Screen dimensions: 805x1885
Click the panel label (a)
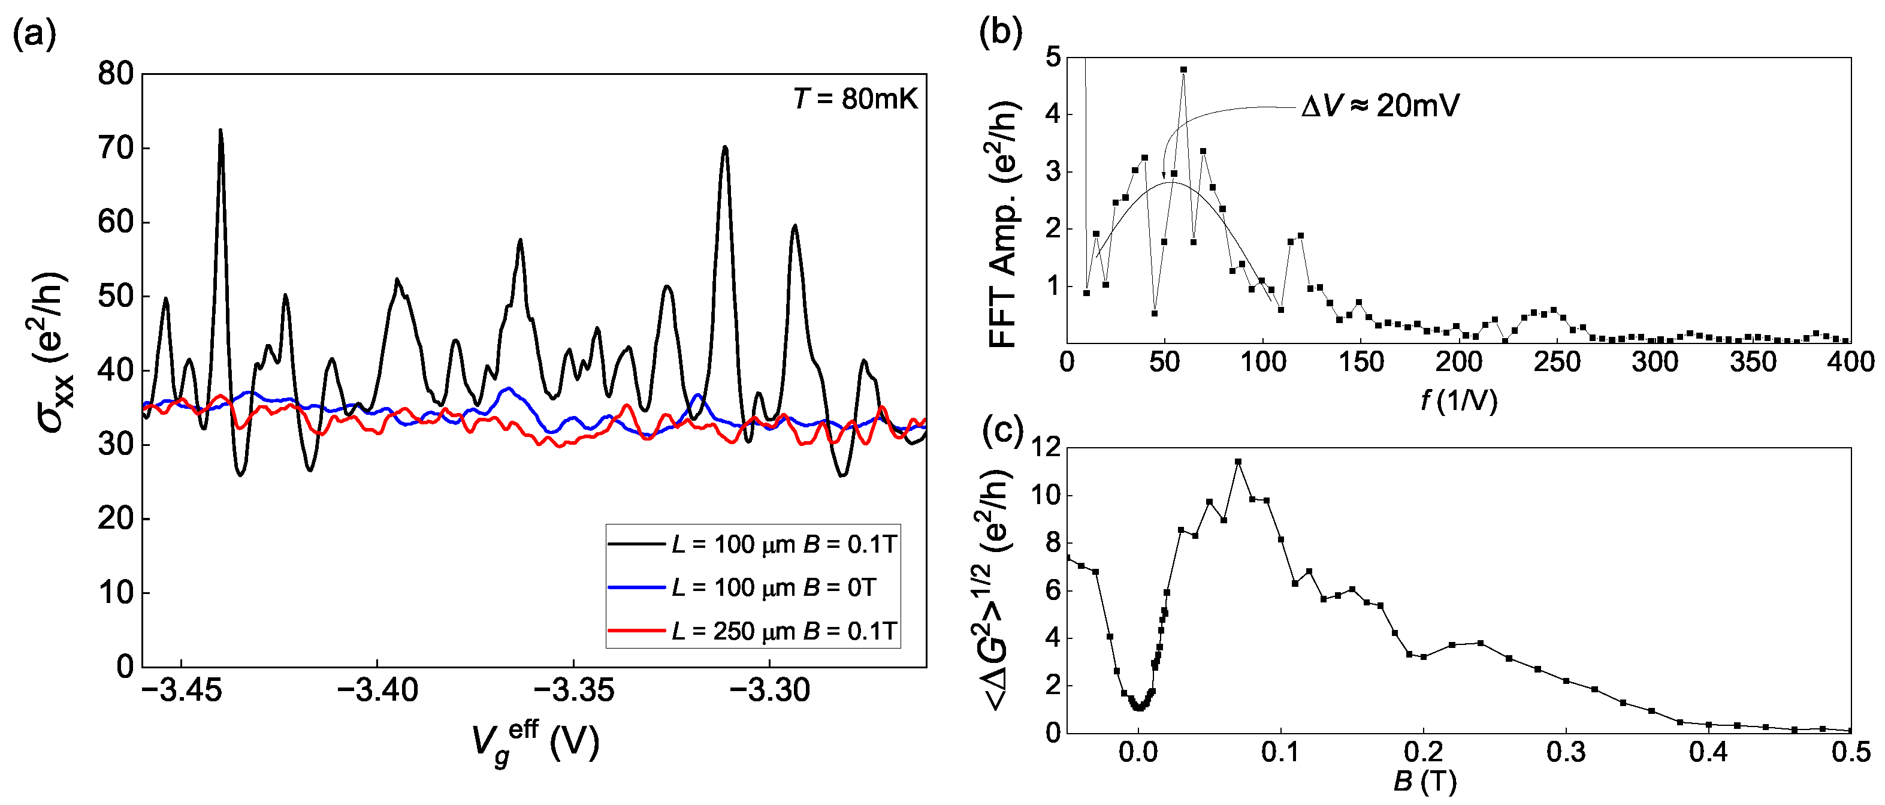click(34, 34)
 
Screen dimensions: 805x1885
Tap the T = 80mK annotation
click(854, 99)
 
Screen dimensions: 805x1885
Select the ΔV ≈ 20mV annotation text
click(1380, 107)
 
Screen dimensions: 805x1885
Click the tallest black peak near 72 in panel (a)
click(220, 131)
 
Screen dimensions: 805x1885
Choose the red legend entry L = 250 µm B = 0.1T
click(783, 631)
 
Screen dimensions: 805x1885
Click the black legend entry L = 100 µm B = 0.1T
click(783, 544)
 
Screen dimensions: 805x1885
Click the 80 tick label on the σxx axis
click(116, 74)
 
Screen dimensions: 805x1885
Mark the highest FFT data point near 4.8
click(1183, 70)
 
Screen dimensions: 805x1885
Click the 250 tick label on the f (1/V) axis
click(1557, 362)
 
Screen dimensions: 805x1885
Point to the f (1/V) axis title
click(1458, 400)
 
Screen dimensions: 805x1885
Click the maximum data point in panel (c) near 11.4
click(1238, 462)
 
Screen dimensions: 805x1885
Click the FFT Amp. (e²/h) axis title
click(1004, 223)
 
